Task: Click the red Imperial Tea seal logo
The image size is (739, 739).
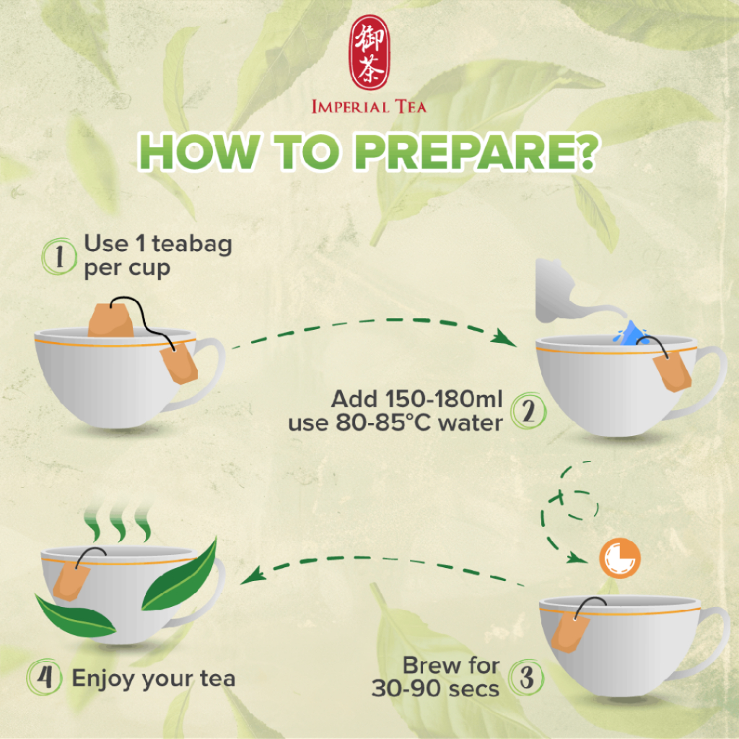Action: click(x=369, y=52)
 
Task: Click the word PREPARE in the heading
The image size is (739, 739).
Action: click(x=476, y=152)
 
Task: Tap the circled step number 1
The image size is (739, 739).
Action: click(x=59, y=256)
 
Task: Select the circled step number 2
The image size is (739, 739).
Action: click(x=528, y=411)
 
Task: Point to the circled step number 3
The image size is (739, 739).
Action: click(x=527, y=677)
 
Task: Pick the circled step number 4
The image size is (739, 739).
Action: click(x=44, y=677)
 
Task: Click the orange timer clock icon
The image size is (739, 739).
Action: click(x=619, y=558)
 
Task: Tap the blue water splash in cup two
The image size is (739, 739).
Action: click(x=630, y=333)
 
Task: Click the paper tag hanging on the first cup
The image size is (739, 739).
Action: click(x=179, y=364)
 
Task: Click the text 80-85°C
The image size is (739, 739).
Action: click(x=383, y=423)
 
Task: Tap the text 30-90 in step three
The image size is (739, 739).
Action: click(x=406, y=688)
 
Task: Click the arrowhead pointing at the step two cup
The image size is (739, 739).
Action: click(x=502, y=338)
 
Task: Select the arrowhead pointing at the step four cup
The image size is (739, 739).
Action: click(x=253, y=575)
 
